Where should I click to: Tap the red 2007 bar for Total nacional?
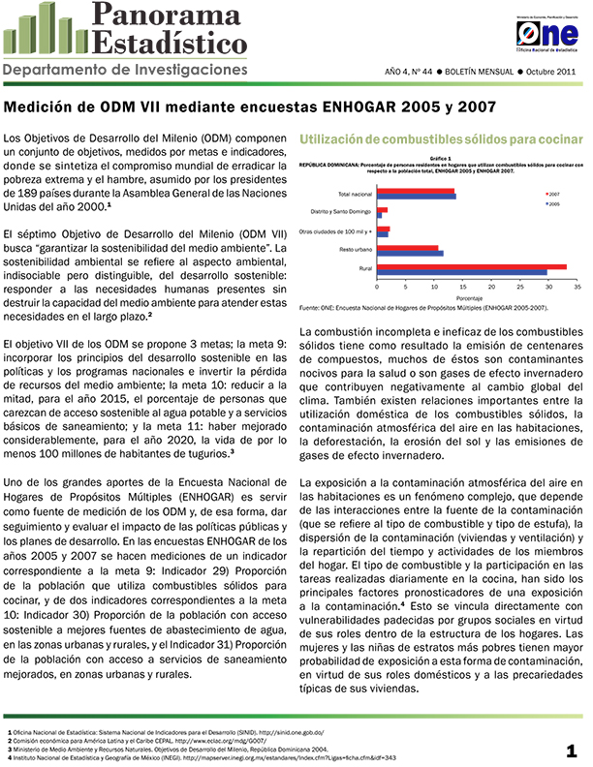click(x=416, y=191)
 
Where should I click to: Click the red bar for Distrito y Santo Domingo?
click(x=383, y=209)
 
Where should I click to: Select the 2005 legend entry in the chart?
click(x=555, y=204)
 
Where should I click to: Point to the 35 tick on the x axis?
click(x=577, y=288)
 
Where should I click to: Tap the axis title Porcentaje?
click(x=477, y=298)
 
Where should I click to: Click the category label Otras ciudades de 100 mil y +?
click(x=336, y=231)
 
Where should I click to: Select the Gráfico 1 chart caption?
click(x=441, y=157)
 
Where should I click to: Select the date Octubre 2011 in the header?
click(x=553, y=73)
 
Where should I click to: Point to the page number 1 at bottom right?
click(x=573, y=751)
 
